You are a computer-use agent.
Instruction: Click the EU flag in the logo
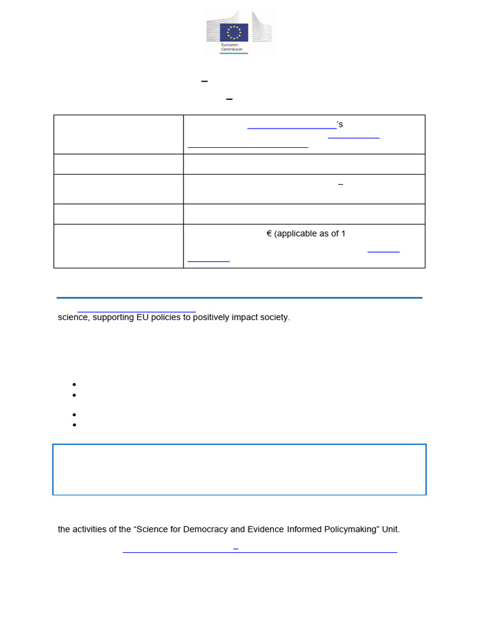(234, 32)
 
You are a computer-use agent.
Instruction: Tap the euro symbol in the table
(269, 234)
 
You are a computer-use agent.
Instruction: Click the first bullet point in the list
(74, 384)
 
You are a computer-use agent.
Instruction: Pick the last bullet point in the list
(74, 425)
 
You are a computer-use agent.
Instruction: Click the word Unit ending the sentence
(390, 529)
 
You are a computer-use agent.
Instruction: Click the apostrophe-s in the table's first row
(340, 125)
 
